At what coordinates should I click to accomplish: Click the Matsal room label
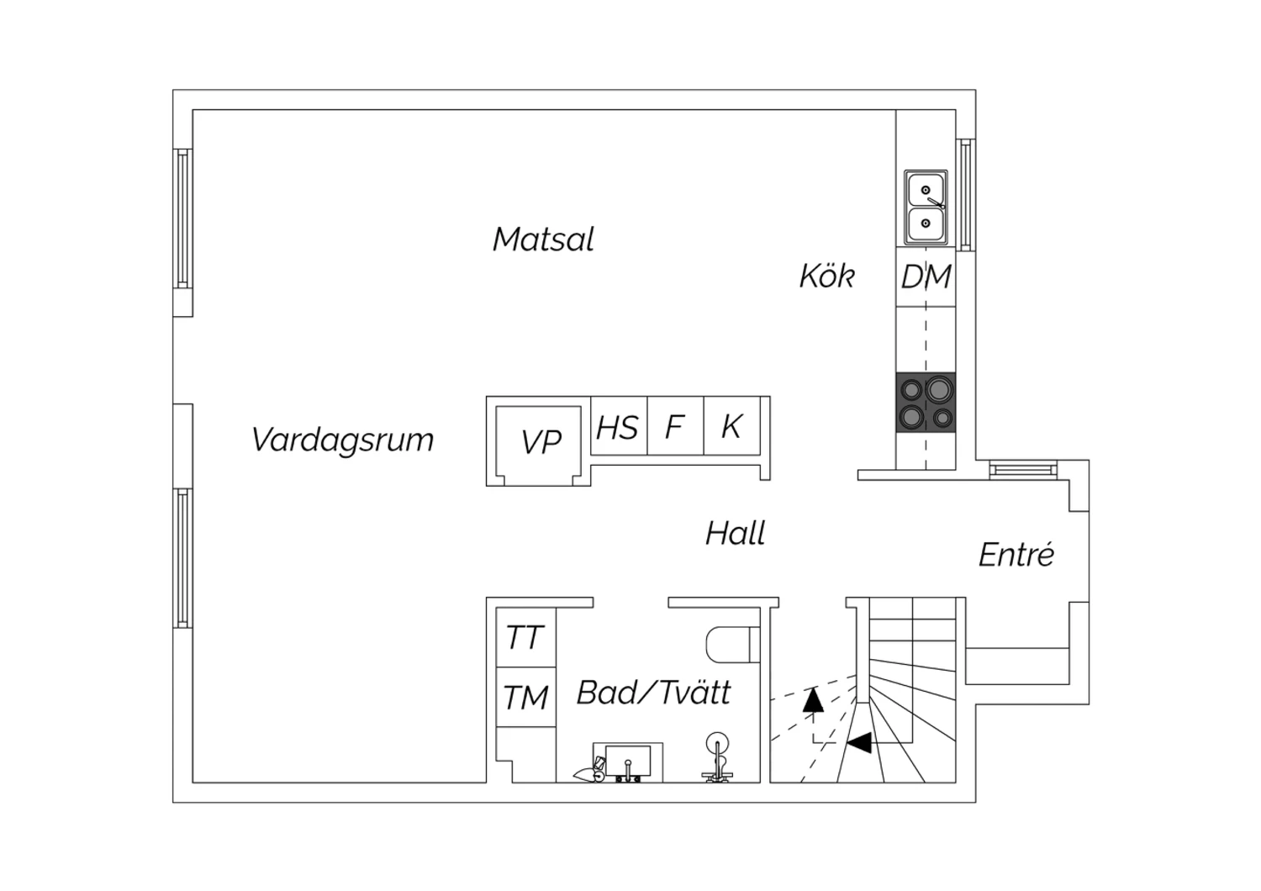(543, 240)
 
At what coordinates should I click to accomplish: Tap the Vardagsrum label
(342, 440)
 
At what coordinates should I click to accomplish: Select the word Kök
(827, 276)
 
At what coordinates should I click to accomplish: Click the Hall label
(736, 533)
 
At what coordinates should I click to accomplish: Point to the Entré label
(1016, 554)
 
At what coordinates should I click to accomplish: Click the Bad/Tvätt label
(653, 693)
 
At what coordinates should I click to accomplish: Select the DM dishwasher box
(926, 277)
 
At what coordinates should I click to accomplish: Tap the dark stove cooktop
(926, 403)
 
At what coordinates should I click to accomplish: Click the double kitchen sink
(926, 207)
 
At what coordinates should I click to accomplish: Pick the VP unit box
(538, 442)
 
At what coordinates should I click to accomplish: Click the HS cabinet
(619, 426)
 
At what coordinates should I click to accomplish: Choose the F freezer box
(676, 426)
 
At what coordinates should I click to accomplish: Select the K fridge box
(732, 426)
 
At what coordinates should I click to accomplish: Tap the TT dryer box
(525, 637)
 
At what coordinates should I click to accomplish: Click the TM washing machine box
(525, 697)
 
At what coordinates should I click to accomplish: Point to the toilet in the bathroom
(732, 645)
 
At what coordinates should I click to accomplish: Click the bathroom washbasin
(628, 762)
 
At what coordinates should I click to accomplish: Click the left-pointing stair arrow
(859, 742)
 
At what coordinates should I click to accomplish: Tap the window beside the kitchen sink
(965, 195)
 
